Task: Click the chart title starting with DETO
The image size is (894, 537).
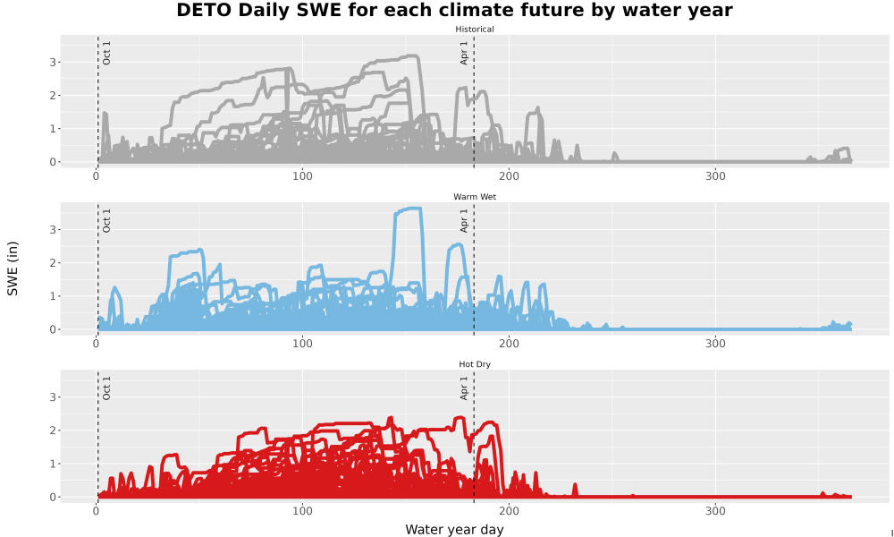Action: point(454,10)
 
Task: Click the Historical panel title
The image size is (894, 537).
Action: point(475,30)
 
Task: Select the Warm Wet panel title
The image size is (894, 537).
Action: point(475,197)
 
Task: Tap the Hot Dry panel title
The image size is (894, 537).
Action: point(475,364)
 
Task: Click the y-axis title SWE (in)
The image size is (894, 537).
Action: point(13,268)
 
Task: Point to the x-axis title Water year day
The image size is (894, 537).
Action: point(454,530)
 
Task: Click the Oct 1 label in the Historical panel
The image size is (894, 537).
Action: point(106,53)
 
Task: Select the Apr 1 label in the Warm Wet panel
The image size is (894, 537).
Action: point(464,221)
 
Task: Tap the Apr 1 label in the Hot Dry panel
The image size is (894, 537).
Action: point(464,388)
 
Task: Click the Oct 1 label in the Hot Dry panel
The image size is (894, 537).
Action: point(106,388)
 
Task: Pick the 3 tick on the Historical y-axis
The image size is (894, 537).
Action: point(53,63)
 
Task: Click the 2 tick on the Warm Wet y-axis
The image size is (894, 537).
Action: point(53,263)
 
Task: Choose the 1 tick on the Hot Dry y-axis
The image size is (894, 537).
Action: point(53,464)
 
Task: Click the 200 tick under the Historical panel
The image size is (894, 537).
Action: point(509,176)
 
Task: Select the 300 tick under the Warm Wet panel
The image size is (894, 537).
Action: point(715,344)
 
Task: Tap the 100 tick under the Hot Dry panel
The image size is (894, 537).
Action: point(302,511)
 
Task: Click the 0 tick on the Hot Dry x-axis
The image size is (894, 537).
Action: point(97,511)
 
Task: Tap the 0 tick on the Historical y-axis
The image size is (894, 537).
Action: point(53,162)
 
